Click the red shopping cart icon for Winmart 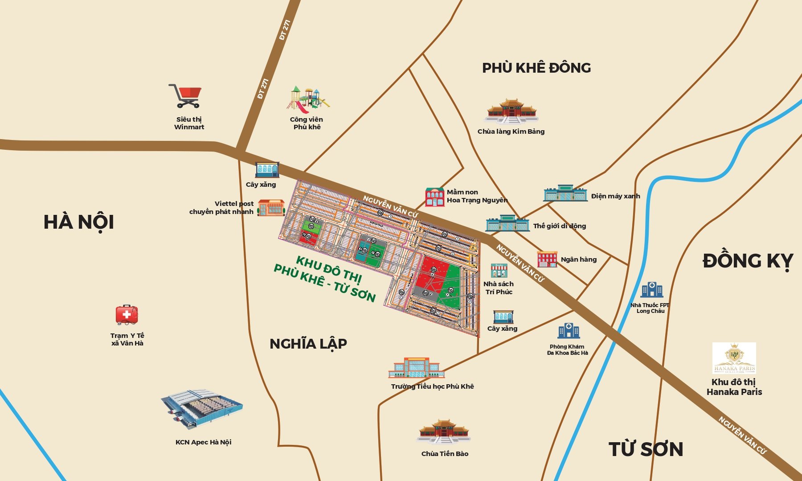click(x=186, y=96)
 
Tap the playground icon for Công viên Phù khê click(x=307, y=99)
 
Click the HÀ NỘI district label click(x=79, y=222)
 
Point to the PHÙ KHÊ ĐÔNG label click(x=536, y=68)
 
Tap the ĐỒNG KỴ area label click(x=748, y=261)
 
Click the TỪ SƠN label click(x=646, y=449)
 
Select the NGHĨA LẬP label click(x=308, y=344)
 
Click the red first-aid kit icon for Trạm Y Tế click(x=127, y=315)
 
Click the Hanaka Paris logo click(x=734, y=358)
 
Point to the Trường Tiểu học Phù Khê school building click(x=416, y=368)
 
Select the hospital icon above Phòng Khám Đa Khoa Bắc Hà click(x=568, y=331)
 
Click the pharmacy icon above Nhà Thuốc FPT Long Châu click(x=651, y=290)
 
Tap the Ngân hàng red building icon click(x=547, y=259)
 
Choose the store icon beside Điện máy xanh click(x=565, y=193)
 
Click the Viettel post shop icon click(x=271, y=208)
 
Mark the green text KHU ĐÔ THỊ click(x=329, y=269)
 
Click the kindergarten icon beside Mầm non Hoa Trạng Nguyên click(x=435, y=197)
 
